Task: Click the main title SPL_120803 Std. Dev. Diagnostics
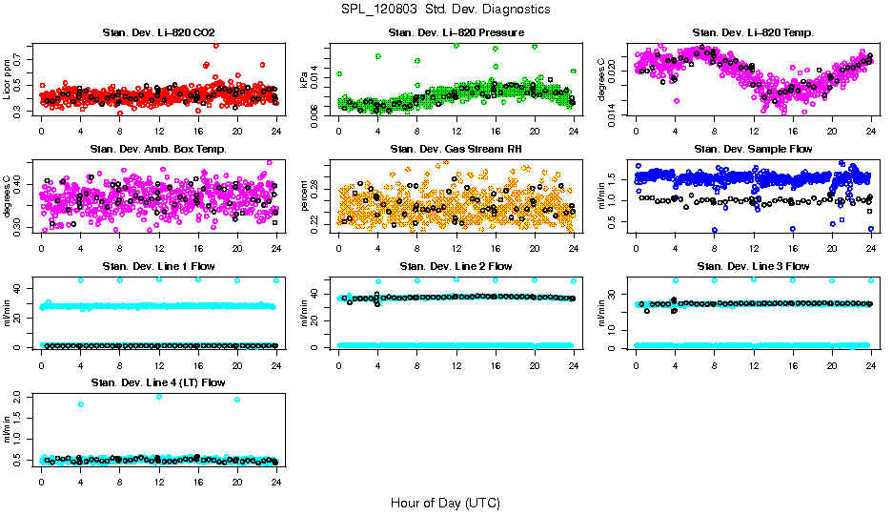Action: tap(445, 9)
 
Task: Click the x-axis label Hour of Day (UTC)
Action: tap(445, 503)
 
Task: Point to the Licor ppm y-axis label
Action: tap(8, 79)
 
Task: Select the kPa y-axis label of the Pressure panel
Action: tap(305, 79)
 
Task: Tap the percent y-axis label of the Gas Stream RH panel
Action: tap(305, 196)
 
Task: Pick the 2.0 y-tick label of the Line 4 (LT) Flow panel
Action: tap(22, 396)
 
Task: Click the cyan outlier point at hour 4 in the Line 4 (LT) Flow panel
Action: tap(81, 404)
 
